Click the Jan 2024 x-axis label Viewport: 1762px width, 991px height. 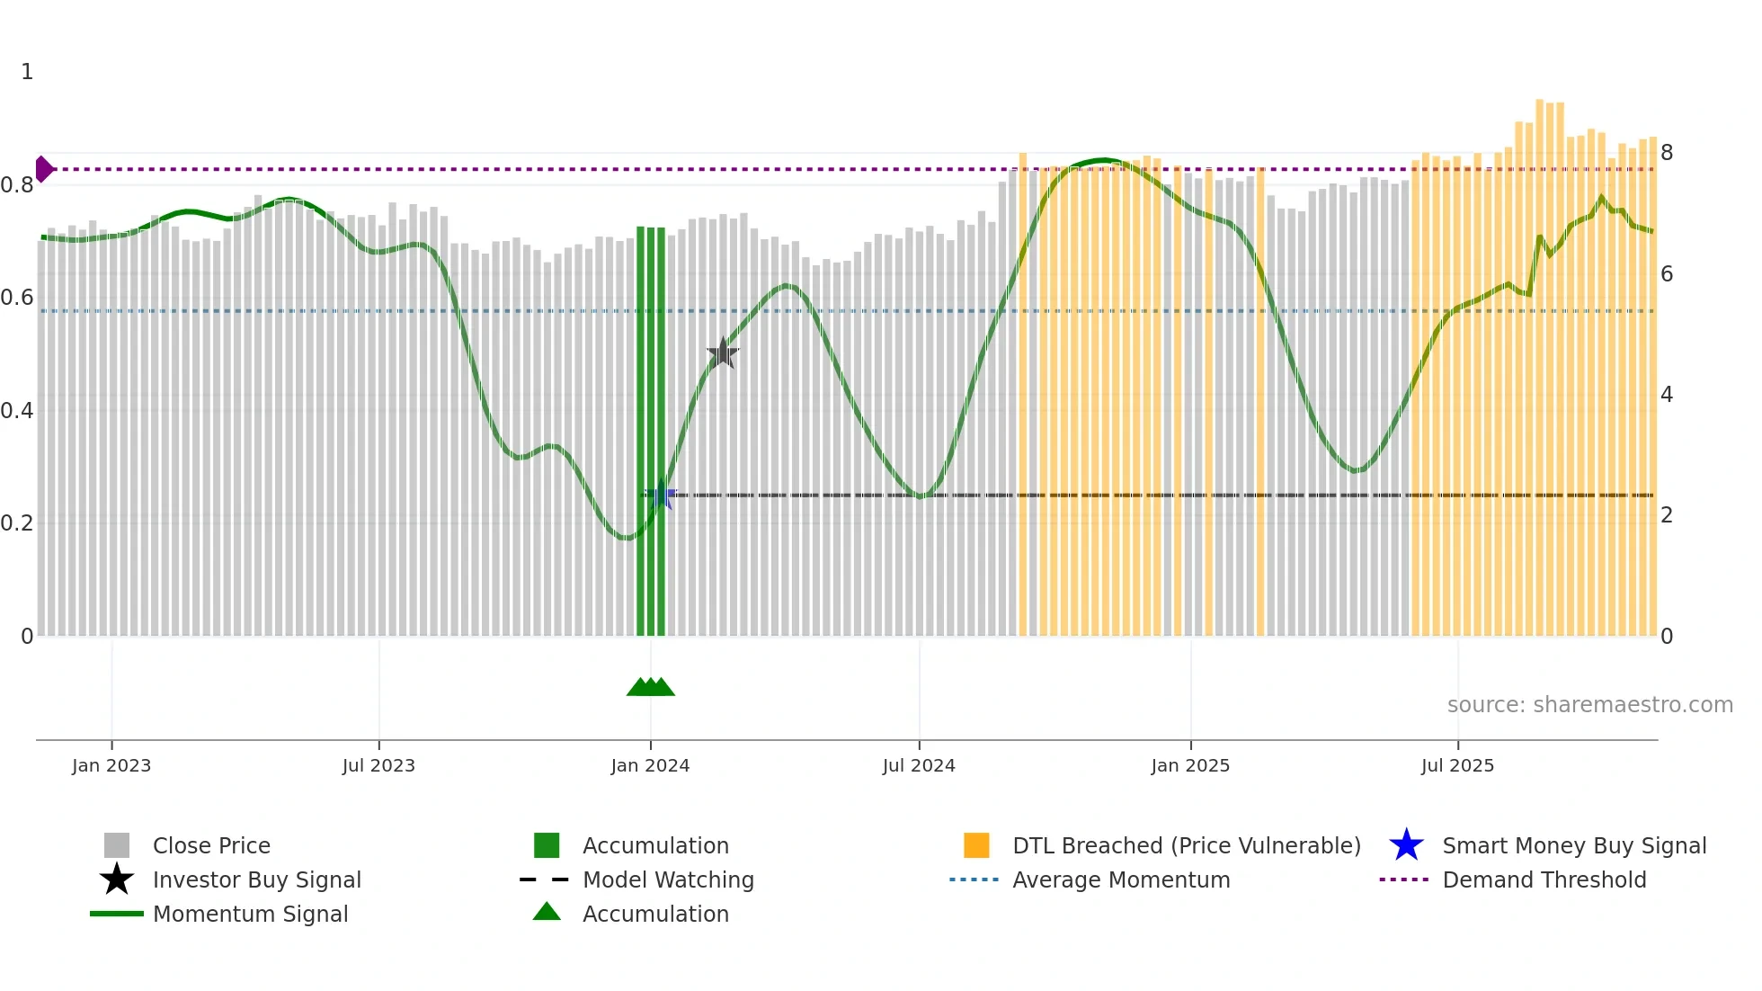tap(650, 765)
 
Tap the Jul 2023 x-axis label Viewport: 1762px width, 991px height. tap(378, 765)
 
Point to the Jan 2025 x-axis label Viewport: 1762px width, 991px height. tap(1190, 765)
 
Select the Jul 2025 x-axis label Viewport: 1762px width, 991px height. tap(1457, 765)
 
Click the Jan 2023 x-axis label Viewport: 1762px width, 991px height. tap(111, 765)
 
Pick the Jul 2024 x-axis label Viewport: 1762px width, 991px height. tap(919, 765)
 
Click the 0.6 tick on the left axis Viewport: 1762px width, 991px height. tap(17, 298)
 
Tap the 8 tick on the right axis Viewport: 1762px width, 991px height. tap(1667, 153)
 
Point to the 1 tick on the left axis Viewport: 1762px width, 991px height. tap(27, 72)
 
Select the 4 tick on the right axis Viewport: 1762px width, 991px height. tap(1667, 395)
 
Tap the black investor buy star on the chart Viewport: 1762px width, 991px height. tap(723, 353)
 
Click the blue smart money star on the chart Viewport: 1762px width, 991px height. tap(663, 495)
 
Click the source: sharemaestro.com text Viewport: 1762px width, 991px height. tap(1589, 705)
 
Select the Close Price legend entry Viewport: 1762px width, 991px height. tap(211, 845)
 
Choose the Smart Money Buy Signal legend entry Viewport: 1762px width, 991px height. tap(1573, 845)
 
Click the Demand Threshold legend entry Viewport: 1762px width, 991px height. tap(1544, 879)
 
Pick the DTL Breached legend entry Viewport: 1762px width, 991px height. tap(1186, 845)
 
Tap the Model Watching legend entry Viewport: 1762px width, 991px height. tap(668, 879)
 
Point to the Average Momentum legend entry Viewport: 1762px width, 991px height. tap(1121, 879)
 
